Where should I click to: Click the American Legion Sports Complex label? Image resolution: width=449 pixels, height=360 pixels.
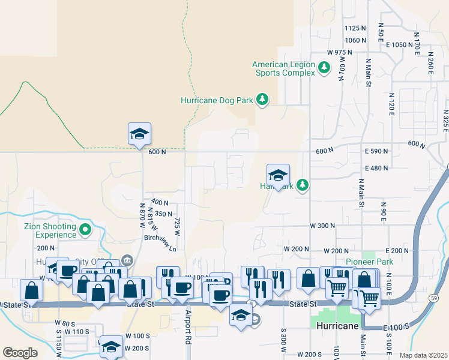point(283,68)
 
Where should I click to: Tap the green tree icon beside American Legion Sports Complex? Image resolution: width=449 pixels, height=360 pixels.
point(324,67)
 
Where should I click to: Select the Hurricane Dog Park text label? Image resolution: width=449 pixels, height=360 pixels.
point(217,101)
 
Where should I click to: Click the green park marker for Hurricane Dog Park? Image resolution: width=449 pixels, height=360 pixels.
point(262,99)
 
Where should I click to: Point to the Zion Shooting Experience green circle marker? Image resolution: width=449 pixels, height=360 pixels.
point(85,229)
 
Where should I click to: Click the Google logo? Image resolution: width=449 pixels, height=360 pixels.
point(20,353)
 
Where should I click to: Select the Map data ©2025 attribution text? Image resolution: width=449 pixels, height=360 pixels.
point(423,355)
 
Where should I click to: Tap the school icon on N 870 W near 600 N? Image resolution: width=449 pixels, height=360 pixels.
point(139,134)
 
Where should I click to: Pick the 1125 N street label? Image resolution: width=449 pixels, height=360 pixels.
point(355,28)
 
